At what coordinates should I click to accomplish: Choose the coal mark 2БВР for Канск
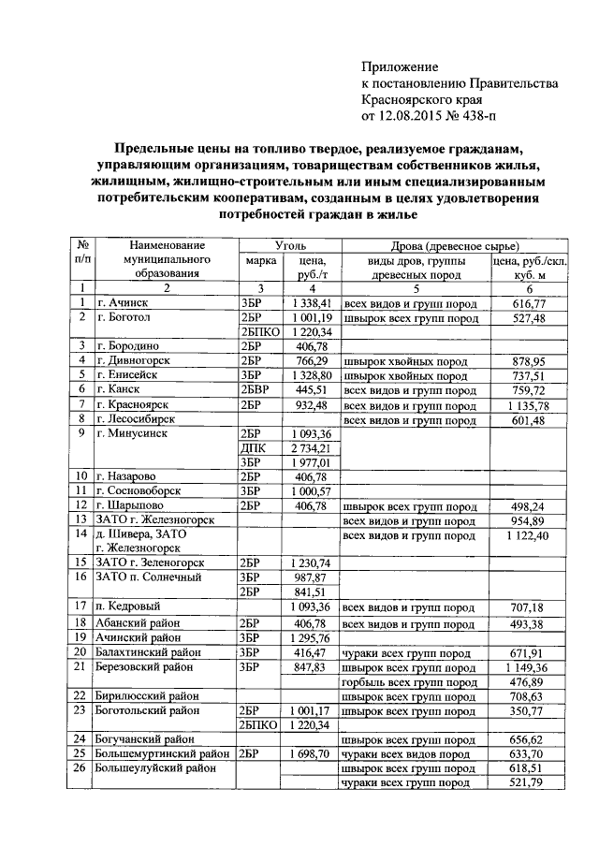pyautogui.click(x=256, y=388)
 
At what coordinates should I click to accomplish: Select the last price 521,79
pyautogui.click(x=530, y=782)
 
